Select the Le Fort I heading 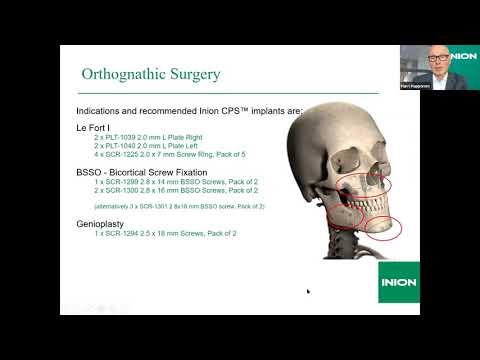click(x=96, y=127)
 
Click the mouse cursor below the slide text click(x=307, y=290)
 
